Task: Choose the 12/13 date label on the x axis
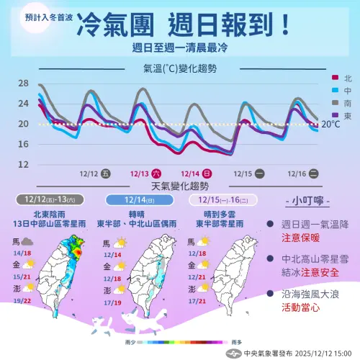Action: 140,174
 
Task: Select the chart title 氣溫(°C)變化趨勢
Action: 180,69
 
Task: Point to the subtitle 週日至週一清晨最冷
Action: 180,48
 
